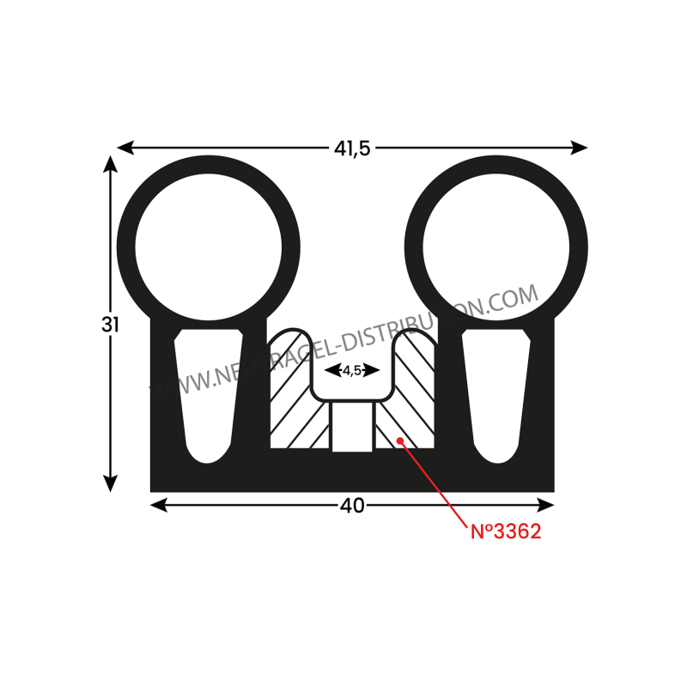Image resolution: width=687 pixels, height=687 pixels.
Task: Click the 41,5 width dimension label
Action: [352, 148]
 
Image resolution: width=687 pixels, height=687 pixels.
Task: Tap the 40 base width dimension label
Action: [352, 506]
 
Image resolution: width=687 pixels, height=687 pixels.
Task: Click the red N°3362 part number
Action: [505, 532]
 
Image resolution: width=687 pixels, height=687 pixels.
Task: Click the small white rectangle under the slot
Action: [352, 427]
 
